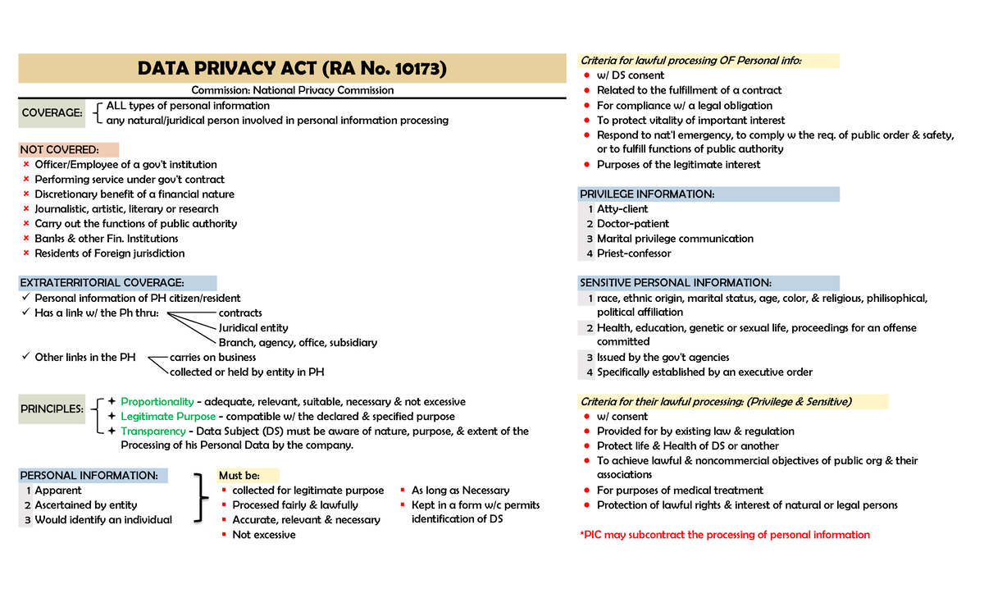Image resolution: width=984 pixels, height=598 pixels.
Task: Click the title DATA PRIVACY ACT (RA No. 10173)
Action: pos(292,68)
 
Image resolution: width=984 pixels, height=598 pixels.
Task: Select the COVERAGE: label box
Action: pos(52,113)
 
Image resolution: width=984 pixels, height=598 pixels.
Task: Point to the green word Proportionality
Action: pos(157,402)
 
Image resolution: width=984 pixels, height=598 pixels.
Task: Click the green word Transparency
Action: pos(153,431)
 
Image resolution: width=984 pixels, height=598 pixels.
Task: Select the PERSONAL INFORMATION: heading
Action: pos(89,476)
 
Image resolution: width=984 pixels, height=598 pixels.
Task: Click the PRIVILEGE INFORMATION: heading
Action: pos(647,194)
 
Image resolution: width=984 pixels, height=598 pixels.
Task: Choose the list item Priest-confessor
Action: pos(634,253)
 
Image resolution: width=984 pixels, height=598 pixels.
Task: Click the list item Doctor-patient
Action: pos(633,224)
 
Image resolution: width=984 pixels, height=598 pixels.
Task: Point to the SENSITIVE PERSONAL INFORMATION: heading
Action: pos(675,283)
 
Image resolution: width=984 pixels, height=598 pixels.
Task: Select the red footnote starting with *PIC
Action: pos(725,535)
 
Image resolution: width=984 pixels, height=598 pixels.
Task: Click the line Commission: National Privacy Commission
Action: pos(292,90)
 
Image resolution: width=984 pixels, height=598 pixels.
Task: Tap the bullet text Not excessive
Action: pos(264,535)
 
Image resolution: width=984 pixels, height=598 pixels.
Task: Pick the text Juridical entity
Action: pos(253,328)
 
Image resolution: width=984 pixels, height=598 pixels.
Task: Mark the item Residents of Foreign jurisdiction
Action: pos(110,253)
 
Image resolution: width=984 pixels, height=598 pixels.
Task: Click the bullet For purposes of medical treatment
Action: pos(680,491)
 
